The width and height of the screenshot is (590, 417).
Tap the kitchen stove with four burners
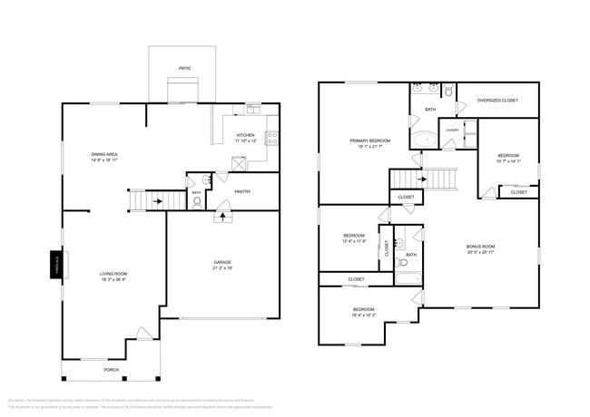pyautogui.click(x=272, y=139)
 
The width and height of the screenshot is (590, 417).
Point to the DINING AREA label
pyautogui.click(x=104, y=155)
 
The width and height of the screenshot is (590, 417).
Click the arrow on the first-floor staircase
pyautogui.click(x=155, y=201)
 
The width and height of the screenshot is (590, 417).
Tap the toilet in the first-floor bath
pyautogui.click(x=197, y=202)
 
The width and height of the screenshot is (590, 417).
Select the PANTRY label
pyautogui.click(x=242, y=191)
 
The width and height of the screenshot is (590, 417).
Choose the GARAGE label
pyautogui.click(x=222, y=262)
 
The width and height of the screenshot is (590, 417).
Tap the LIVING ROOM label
pyautogui.click(x=113, y=273)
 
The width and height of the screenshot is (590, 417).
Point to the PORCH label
pyautogui.click(x=112, y=370)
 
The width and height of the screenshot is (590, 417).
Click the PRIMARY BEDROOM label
pyautogui.click(x=370, y=141)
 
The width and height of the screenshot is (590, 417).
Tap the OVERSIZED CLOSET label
pyautogui.click(x=497, y=100)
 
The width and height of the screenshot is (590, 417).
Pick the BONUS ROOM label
pyautogui.click(x=480, y=247)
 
